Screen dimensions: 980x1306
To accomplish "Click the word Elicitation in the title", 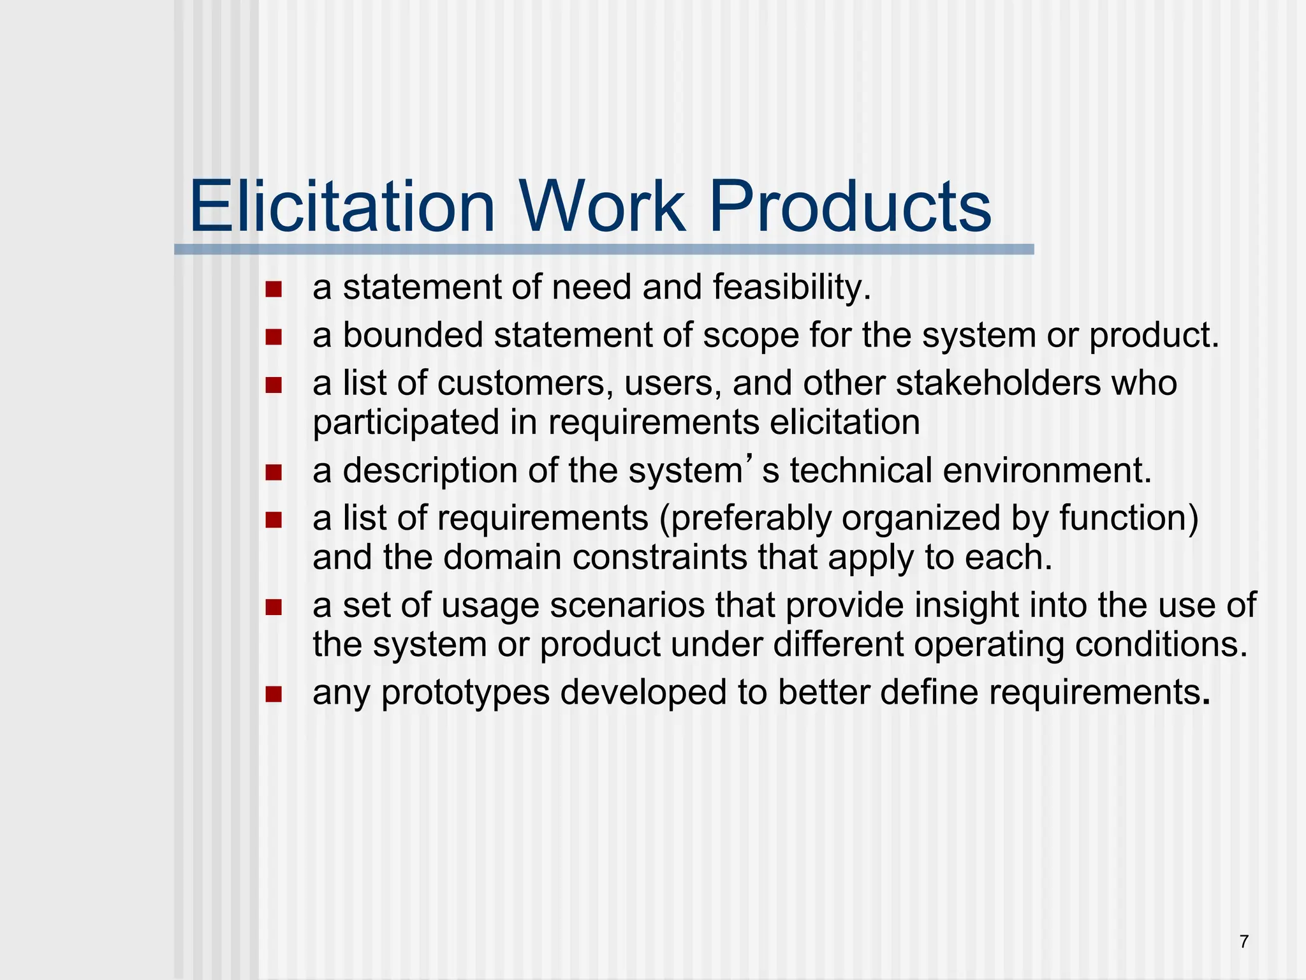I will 342,207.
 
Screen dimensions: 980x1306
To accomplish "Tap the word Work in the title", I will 603,207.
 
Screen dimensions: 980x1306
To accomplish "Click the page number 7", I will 1244,942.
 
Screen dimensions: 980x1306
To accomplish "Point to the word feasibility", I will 791,288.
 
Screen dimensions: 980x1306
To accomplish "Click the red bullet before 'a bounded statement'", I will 274,337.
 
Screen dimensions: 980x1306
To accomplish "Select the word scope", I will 751,336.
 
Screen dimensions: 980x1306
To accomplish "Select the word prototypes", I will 466,693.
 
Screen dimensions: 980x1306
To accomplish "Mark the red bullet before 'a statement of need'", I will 274,290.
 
